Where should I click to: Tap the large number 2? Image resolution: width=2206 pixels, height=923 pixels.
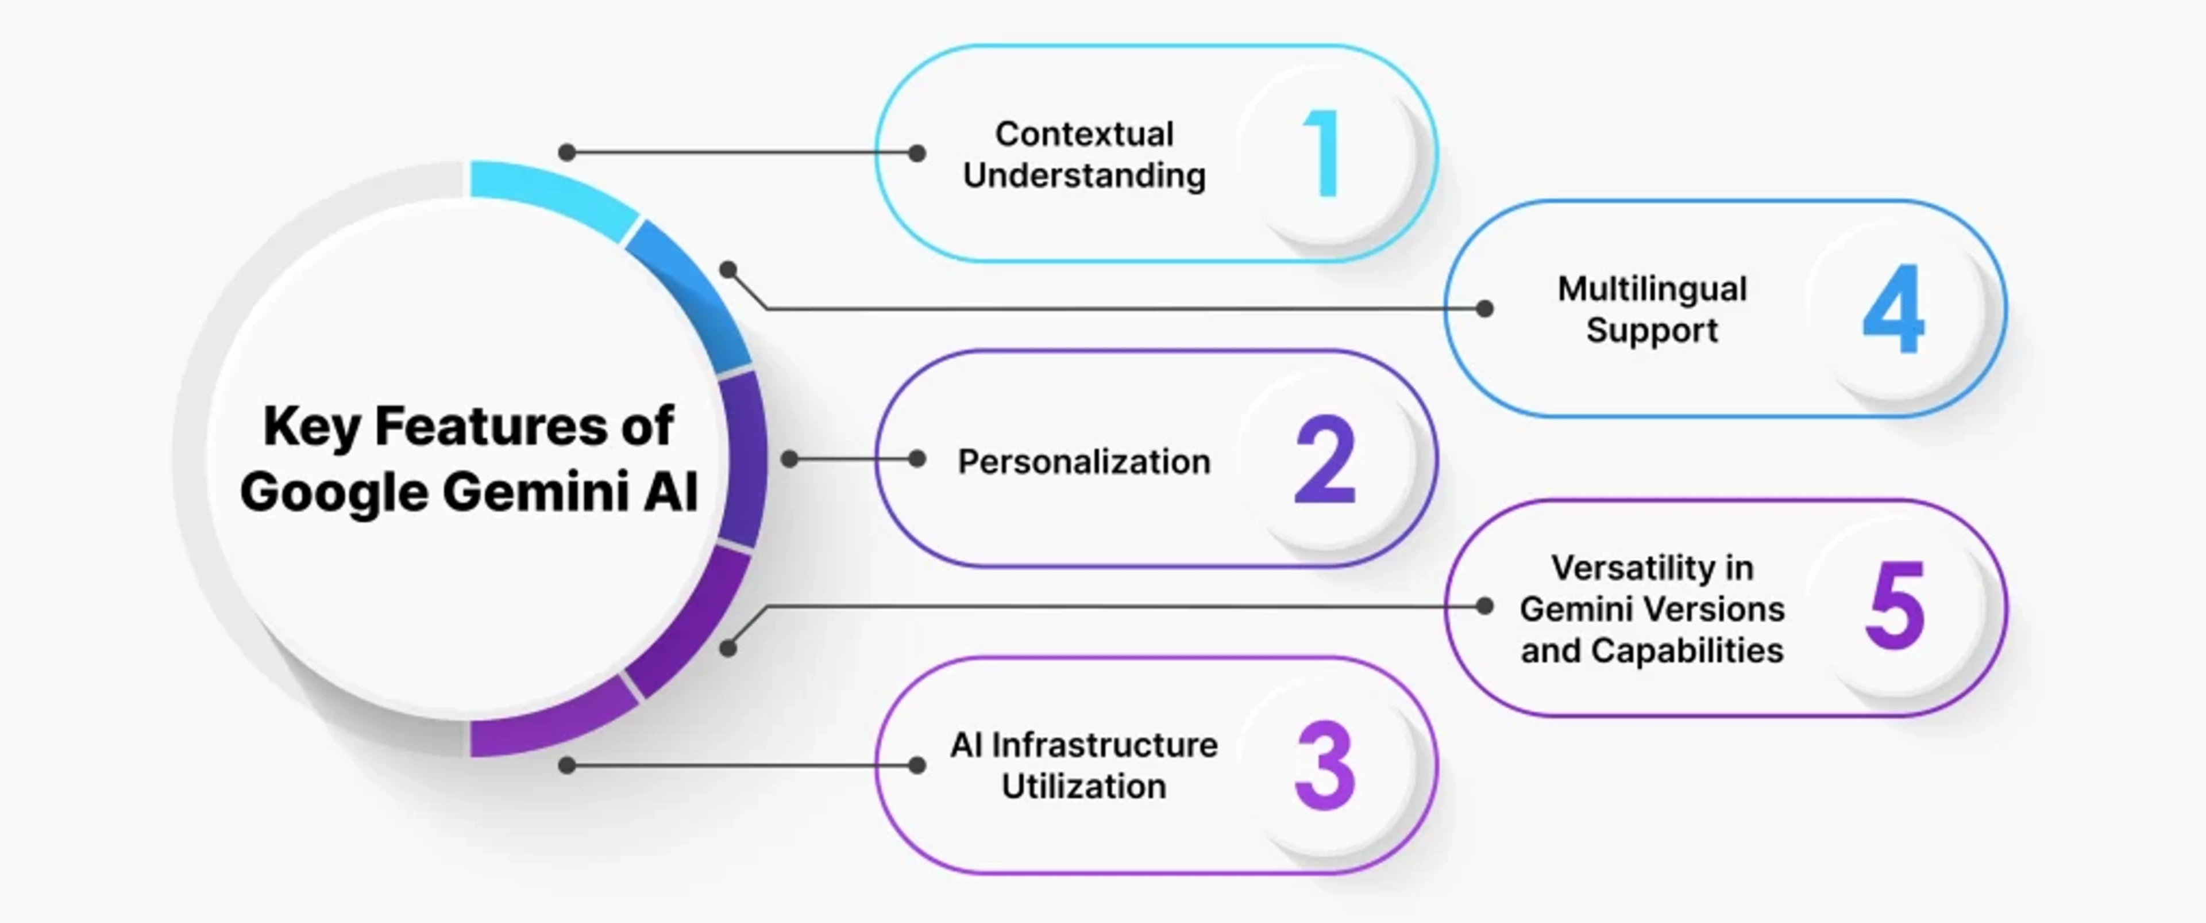(x=1325, y=460)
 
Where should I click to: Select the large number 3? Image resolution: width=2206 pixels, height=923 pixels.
(x=1325, y=766)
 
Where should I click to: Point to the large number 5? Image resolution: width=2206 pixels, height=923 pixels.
(x=1895, y=607)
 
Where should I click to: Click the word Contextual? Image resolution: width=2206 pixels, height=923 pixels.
(x=1084, y=135)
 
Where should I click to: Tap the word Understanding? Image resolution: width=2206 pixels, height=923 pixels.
(x=1084, y=176)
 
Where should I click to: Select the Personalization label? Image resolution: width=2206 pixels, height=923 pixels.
(x=1084, y=462)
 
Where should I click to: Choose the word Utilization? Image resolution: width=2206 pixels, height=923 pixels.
(x=1084, y=787)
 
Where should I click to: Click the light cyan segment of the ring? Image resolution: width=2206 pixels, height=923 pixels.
(x=552, y=197)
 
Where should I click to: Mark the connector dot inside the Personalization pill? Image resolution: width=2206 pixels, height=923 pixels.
(x=916, y=459)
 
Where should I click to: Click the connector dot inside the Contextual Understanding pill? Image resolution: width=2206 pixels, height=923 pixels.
(x=916, y=154)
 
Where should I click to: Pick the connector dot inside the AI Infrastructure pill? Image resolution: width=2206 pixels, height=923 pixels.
(x=916, y=765)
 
